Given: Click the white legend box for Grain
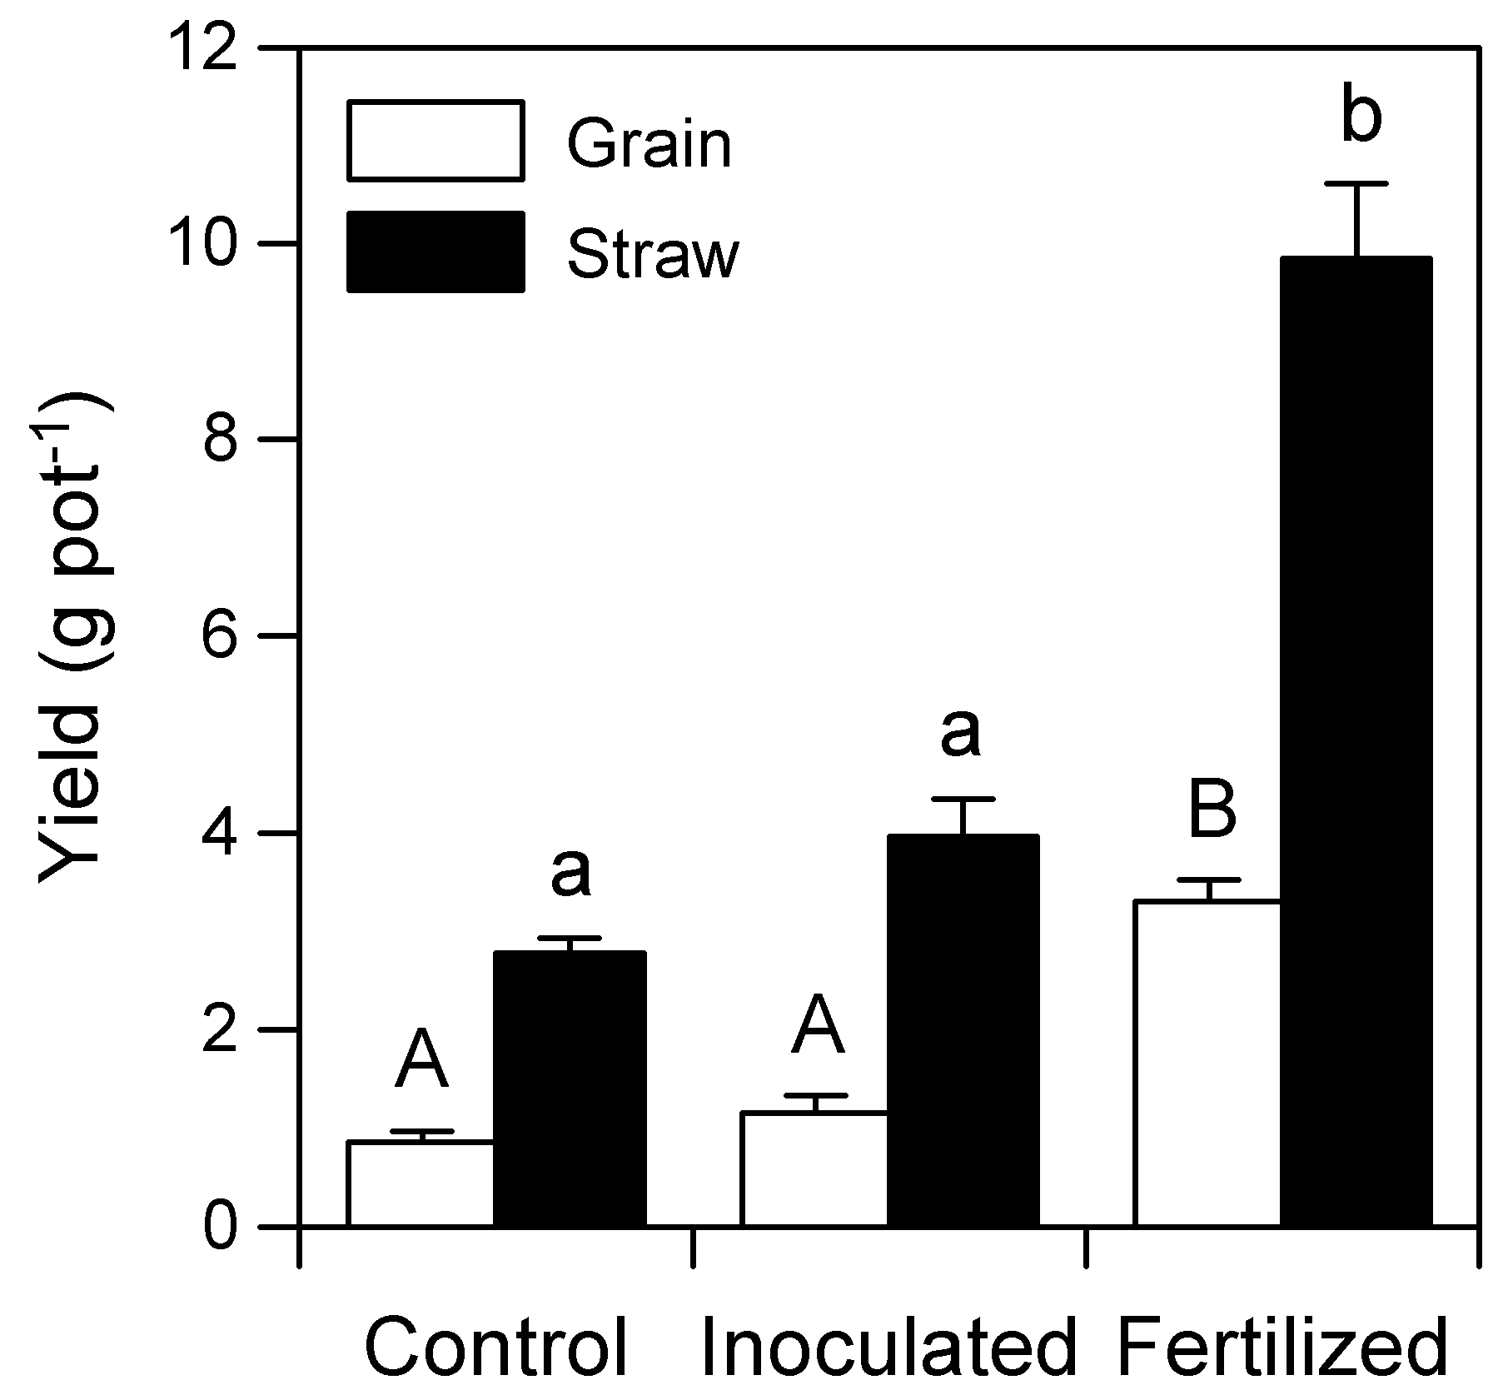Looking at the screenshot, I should point(435,140).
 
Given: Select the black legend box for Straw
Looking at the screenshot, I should point(435,252).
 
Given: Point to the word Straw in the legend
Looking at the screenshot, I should point(653,253).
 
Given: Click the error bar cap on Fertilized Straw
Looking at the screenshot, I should point(1357,183).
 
